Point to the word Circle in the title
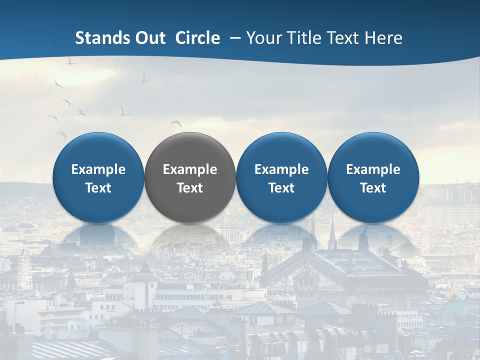(x=197, y=38)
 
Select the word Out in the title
(x=148, y=38)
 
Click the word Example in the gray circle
(x=190, y=169)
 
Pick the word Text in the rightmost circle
(x=373, y=188)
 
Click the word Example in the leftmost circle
(x=98, y=169)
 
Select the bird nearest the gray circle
(x=176, y=123)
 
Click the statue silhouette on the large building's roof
(x=364, y=238)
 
